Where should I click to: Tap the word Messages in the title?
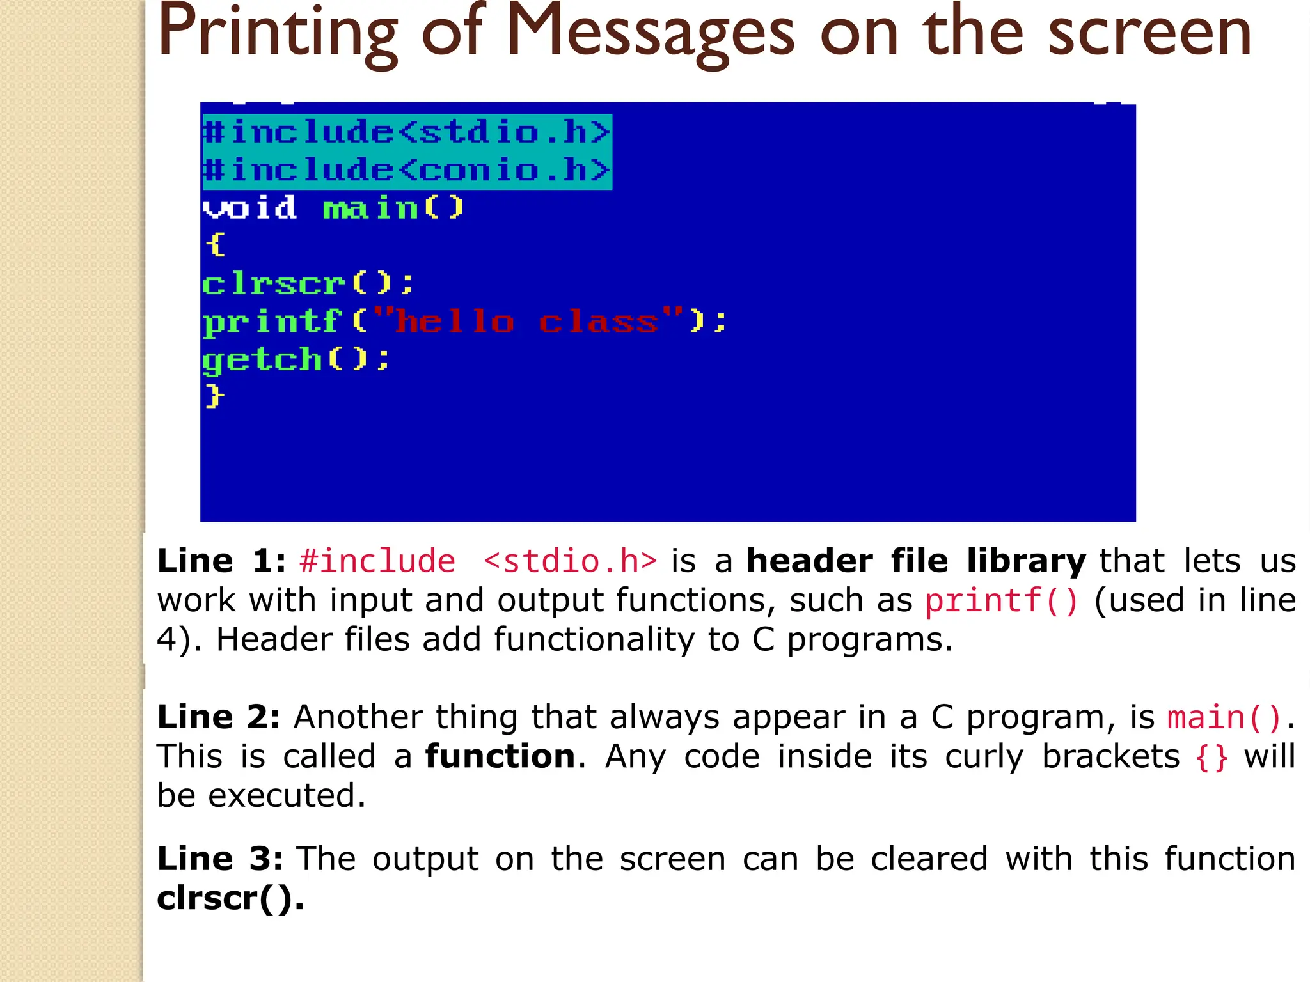(x=651, y=33)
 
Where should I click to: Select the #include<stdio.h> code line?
(x=407, y=132)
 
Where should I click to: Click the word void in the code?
(x=250, y=208)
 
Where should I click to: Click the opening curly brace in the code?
(x=216, y=245)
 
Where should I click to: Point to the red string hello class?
(x=526, y=322)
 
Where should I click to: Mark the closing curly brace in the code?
(x=215, y=396)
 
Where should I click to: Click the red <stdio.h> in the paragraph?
(x=570, y=561)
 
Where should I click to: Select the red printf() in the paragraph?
(x=1002, y=601)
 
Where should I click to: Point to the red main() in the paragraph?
(x=1224, y=717)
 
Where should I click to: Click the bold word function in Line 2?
(x=500, y=756)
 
